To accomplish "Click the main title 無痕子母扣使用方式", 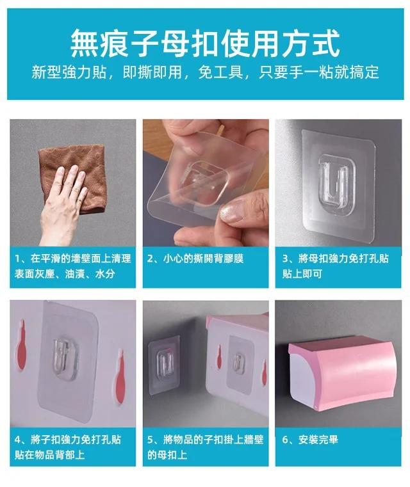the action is coord(205,43).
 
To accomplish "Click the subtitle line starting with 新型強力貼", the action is coord(205,72).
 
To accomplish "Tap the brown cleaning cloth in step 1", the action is coord(74,179).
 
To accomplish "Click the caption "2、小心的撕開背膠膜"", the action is coord(195,259).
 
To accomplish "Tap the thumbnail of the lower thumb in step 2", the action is coord(231,211).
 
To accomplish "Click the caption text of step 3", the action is coord(336,266).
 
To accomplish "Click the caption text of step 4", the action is coord(67,447).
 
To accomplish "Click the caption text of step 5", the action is coord(205,447).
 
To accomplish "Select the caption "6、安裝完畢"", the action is coord(310,440).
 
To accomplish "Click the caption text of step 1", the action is coord(72,266).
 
